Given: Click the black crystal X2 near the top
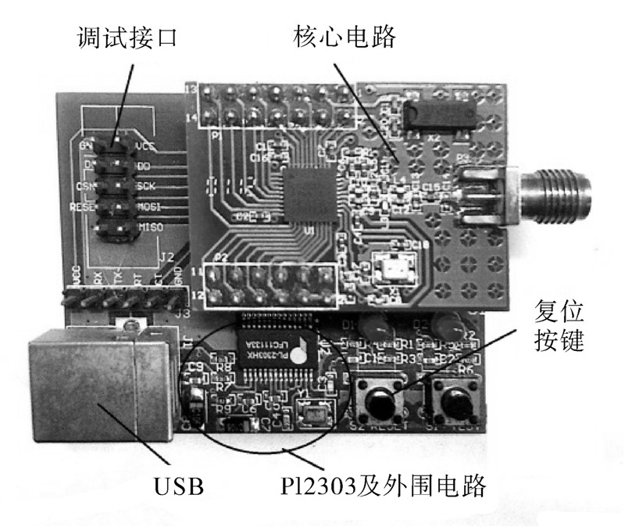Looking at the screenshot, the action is [x=438, y=113].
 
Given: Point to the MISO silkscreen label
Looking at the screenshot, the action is [x=151, y=228].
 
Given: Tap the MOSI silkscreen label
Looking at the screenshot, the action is [x=150, y=207].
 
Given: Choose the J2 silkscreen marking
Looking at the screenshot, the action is [x=166, y=256].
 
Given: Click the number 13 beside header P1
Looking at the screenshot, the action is [x=190, y=89].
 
